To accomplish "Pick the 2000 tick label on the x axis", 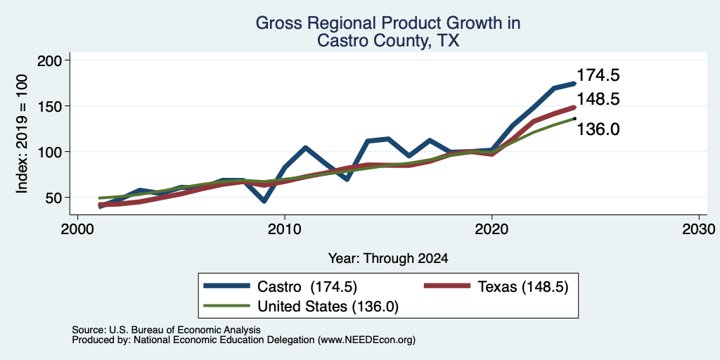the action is click(x=77, y=229).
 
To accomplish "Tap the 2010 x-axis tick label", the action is click(x=285, y=229).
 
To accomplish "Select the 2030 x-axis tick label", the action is click(x=699, y=229).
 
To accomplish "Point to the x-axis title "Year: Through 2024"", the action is click(x=388, y=259).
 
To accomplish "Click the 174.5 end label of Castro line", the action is click(x=598, y=75).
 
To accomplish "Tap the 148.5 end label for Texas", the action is click(x=598, y=99).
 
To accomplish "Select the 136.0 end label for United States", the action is click(x=598, y=129).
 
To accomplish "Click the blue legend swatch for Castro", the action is click(x=227, y=286).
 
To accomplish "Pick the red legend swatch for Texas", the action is click(x=447, y=286).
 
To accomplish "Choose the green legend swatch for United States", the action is click(x=227, y=306).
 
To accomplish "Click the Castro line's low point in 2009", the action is click(x=264, y=201).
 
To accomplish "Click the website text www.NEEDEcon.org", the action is click(x=365, y=340).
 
